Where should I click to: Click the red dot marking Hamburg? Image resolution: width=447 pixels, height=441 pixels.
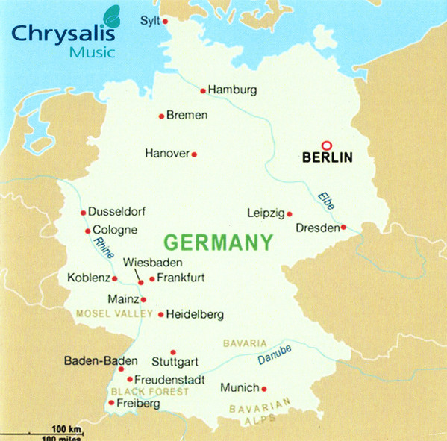tap(202, 90)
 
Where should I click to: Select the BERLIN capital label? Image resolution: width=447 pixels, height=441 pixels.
tap(327, 158)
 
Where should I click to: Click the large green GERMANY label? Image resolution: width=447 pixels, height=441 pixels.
tap(217, 243)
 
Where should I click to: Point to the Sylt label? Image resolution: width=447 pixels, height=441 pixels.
tap(150, 20)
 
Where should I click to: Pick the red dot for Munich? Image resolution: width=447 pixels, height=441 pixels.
tap(264, 388)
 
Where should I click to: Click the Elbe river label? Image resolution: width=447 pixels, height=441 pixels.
tap(326, 200)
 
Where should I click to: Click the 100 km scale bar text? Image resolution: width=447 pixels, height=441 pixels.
tap(66, 429)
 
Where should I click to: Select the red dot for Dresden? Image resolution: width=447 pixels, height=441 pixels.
tap(344, 228)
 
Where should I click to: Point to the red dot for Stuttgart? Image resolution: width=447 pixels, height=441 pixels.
tap(173, 352)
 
